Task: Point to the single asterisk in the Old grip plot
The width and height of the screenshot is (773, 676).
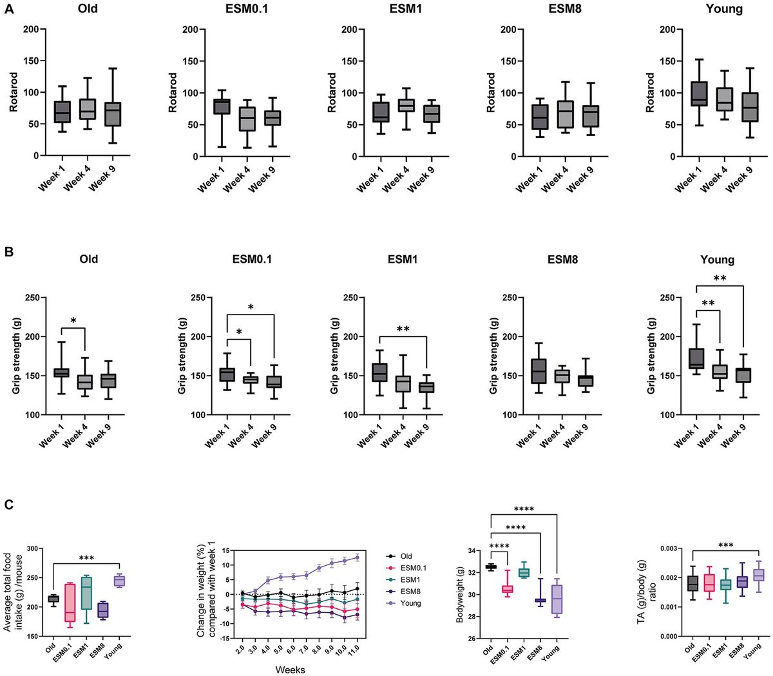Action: pos(74,321)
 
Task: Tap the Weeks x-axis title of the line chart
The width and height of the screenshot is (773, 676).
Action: pos(290,669)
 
